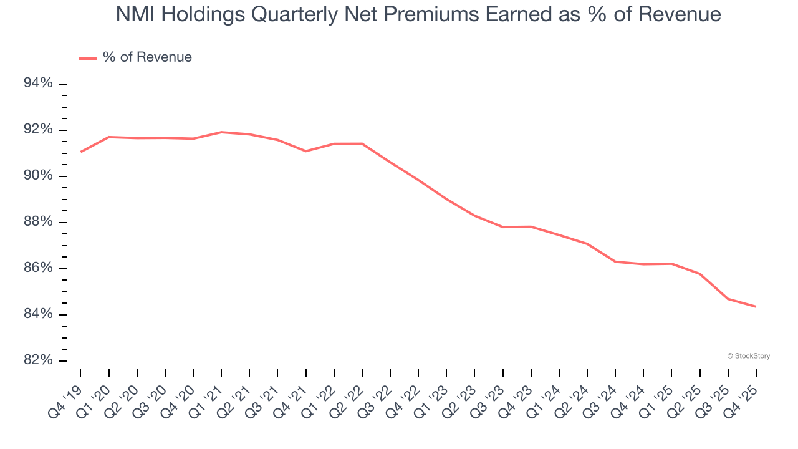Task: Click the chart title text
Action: coord(418,14)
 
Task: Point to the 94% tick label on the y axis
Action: coord(37,84)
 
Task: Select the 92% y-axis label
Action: coord(37,130)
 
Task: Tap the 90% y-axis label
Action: coord(37,176)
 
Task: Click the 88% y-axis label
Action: coord(37,222)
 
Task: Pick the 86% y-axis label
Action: coord(37,268)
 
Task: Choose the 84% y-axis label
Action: coord(37,314)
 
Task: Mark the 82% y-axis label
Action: coord(37,360)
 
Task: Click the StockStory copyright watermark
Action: coord(748,356)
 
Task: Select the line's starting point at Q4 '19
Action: coord(81,152)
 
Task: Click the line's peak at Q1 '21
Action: coord(221,132)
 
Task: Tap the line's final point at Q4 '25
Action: coord(756,306)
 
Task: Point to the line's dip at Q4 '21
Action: coord(305,151)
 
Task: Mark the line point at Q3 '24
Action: coord(615,261)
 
